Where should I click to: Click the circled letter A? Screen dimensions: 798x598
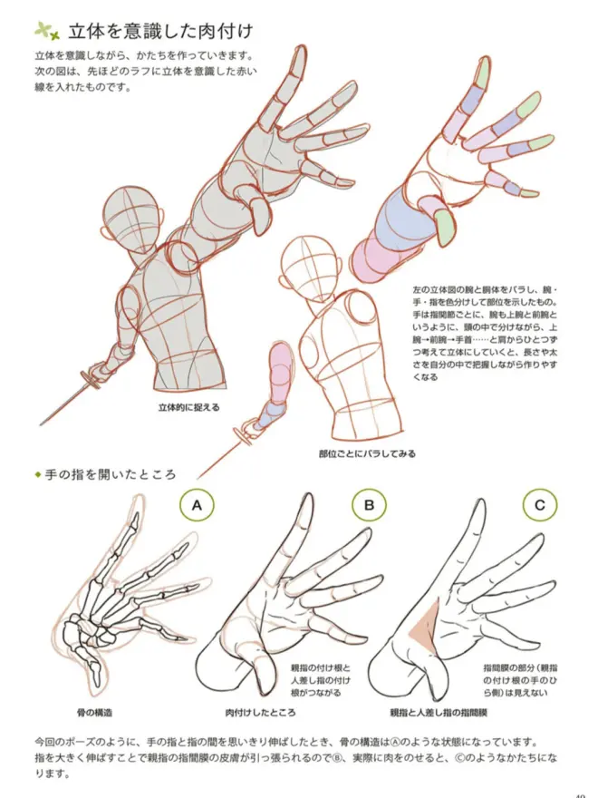pyautogui.click(x=197, y=505)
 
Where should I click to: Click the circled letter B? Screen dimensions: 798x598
pyautogui.click(x=369, y=505)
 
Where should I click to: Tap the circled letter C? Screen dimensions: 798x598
pyautogui.click(x=540, y=505)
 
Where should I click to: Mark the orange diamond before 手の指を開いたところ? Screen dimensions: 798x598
pyautogui.click(x=37, y=474)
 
